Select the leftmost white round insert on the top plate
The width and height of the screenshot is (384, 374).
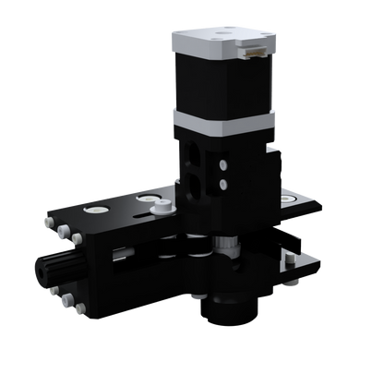tap(91, 211)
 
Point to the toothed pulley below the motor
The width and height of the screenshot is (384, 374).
tap(223, 245)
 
